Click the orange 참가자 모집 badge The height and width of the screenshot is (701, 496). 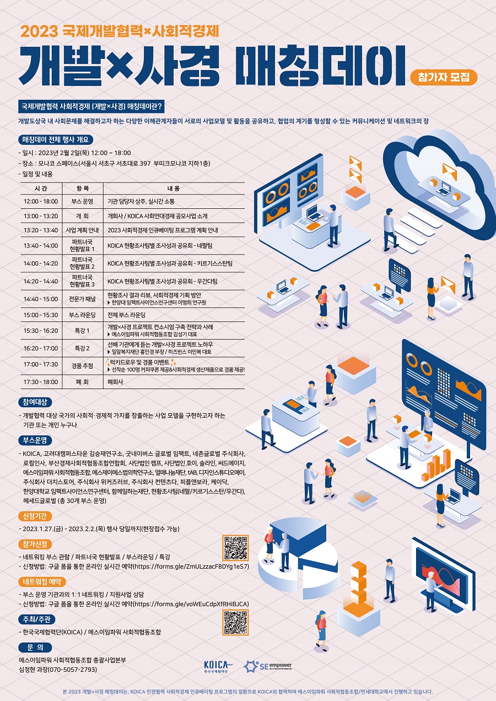tap(444, 77)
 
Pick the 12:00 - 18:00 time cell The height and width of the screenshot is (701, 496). tap(41, 201)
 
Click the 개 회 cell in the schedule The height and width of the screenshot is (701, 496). tap(82, 216)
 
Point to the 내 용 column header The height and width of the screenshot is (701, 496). tap(174, 188)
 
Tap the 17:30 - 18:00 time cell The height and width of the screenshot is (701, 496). tap(41, 382)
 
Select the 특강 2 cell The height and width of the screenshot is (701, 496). tap(82, 348)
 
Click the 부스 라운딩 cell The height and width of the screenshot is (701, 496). tap(82, 315)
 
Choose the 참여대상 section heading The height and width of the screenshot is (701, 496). tap(35, 402)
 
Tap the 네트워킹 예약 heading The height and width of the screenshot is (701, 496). tap(42, 582)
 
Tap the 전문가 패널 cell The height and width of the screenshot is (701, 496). tap(82, 299)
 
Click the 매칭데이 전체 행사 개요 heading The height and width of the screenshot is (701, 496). tap(56, 139)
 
